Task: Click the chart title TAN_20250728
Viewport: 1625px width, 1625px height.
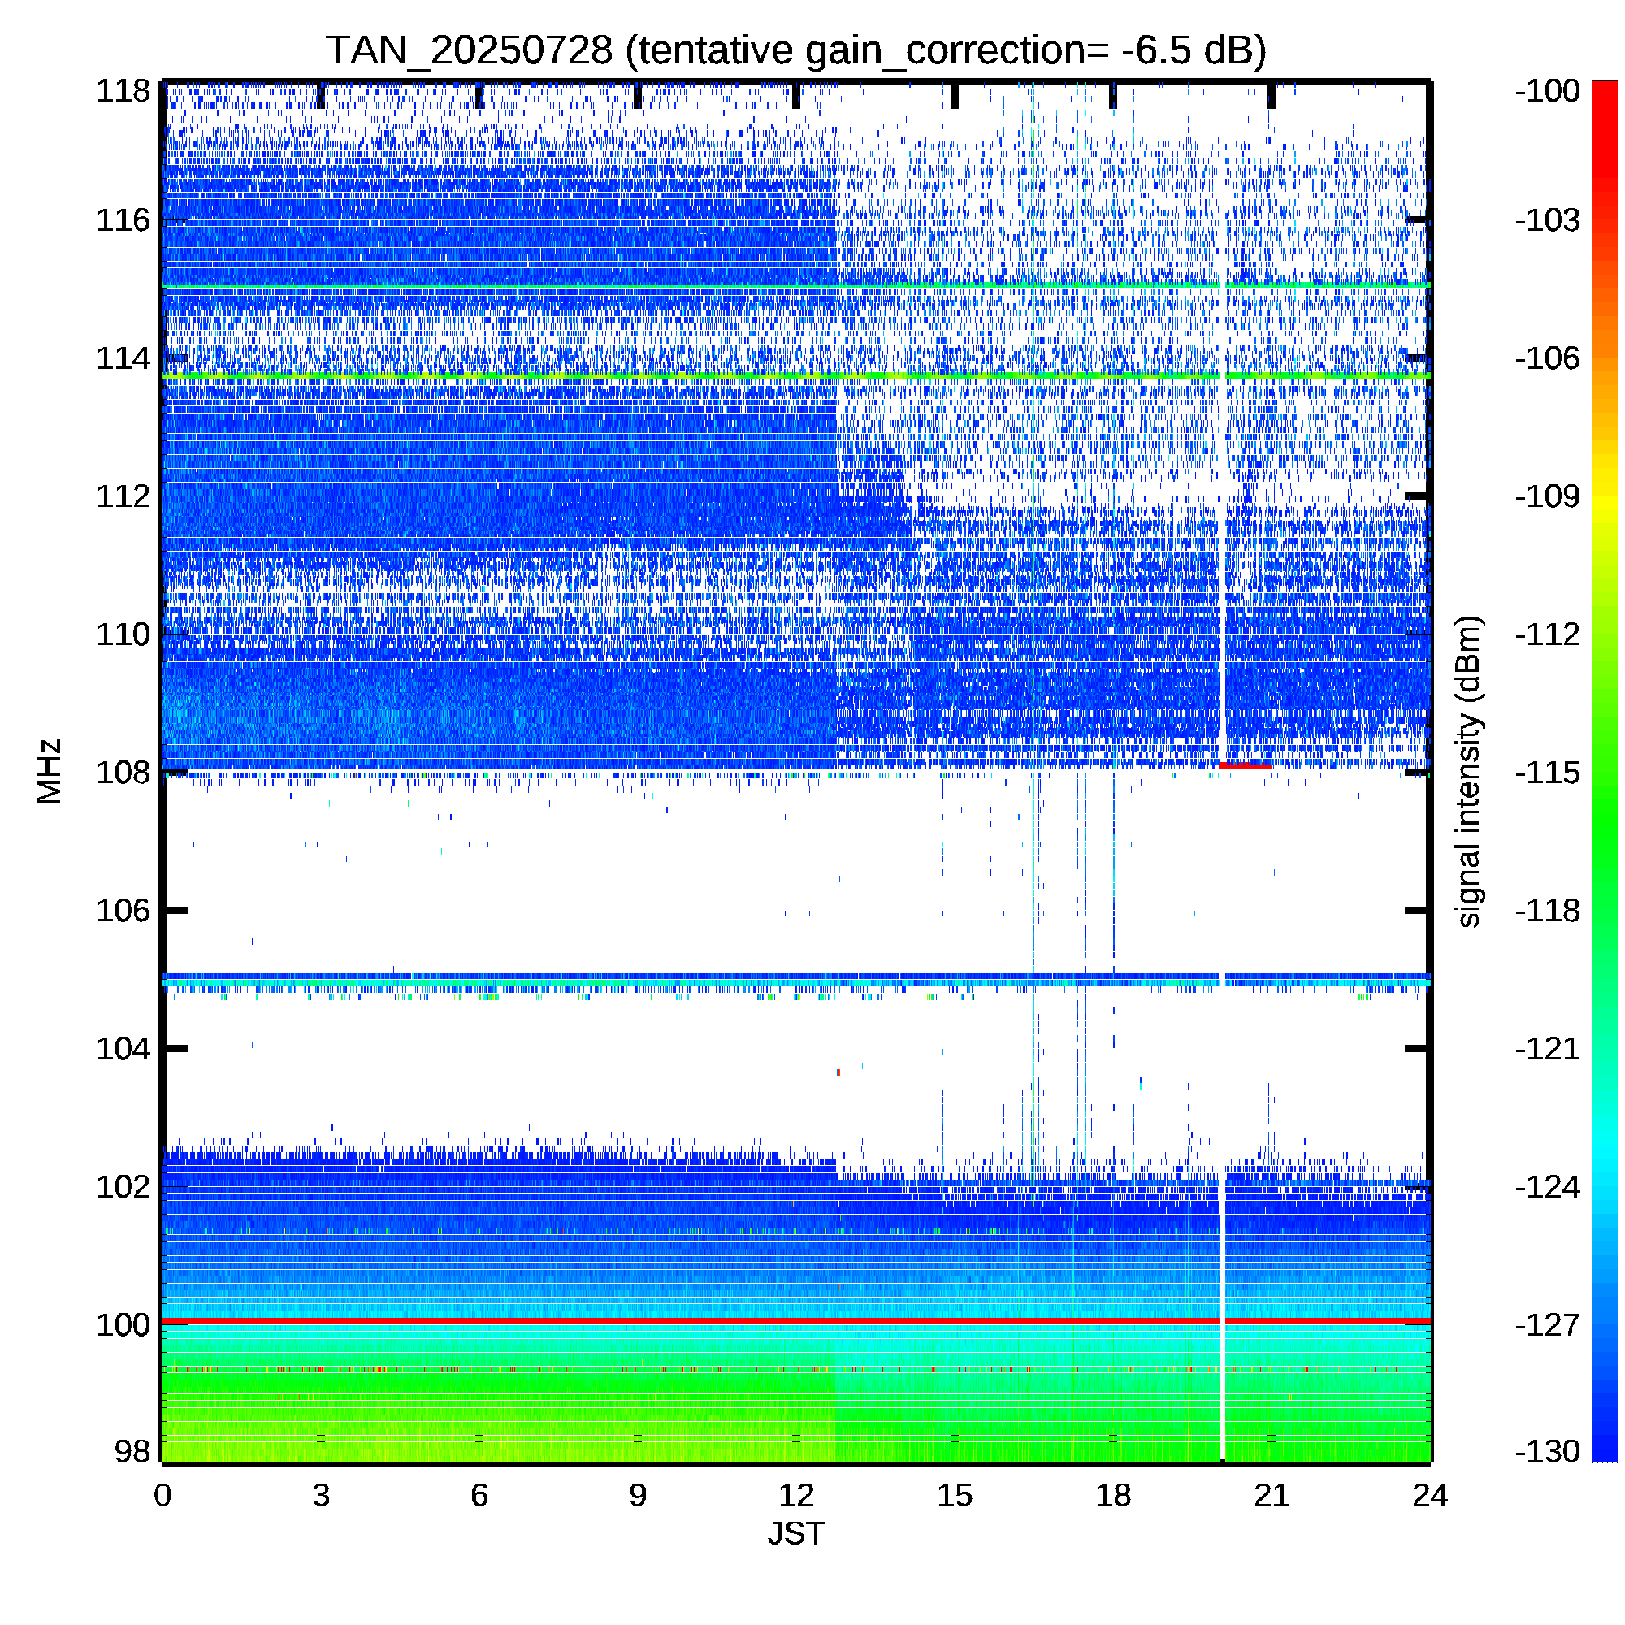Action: [x=469, y=51]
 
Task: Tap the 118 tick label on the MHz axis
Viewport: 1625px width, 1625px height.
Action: [x=123, y=91]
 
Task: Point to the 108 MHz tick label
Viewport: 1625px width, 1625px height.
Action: [x=123, y=772]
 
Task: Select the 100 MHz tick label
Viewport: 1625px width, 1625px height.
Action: [x=123, y=1324]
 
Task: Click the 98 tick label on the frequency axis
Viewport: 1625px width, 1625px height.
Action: [x=132, y=1451]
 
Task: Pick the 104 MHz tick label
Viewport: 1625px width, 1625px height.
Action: [x=123, y=1049]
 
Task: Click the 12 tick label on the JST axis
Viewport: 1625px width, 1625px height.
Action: [x=795, y=1496]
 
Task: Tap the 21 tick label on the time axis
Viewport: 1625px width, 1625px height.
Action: [x=1271, y=1496]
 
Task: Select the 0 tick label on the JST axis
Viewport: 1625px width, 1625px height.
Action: [x=162, y=1496]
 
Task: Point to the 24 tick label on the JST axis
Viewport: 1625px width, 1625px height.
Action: [x=1430, y=1496]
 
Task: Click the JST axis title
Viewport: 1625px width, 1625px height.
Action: [x=795, y=1533]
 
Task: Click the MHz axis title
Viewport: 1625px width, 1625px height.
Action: [x=50, y=771]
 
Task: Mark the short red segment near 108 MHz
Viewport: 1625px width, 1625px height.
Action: [x=1245, y=765]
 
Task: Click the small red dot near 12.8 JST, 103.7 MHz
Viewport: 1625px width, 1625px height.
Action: [x=838, y=1072]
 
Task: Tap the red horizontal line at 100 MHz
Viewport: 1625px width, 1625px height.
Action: [x=795, y=1321]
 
